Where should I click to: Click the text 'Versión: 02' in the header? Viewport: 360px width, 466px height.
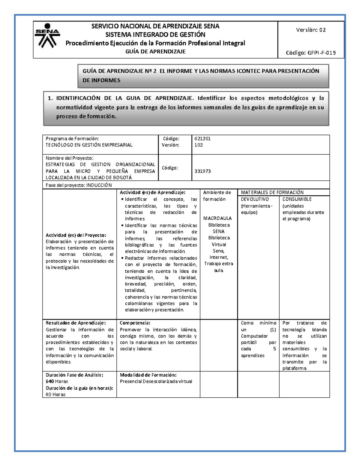click(x=311, y=30)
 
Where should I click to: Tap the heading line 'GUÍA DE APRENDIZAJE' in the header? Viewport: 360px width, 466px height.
click(x=155, y=52)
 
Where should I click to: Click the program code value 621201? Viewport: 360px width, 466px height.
click(x=202, y=139)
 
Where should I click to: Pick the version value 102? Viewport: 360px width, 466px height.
click(x=199, y=145)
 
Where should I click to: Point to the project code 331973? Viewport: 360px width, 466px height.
click(x=202, y=171)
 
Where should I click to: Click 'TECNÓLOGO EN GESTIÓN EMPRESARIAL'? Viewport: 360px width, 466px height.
click(x=89, y=145)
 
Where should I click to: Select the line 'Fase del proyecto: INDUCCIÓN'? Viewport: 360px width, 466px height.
click(x=79, y=185)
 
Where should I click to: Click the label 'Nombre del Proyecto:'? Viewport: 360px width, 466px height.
click(x=69, y=158)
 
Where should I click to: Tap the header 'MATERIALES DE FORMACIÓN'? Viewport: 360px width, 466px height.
click(x=272, y=193)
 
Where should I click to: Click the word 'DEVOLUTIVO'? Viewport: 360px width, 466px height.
click(x=255, y=199)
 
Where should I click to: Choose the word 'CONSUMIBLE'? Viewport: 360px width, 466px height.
click(x=297, y=199)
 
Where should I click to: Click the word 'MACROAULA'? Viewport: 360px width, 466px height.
click(x=217, y=218)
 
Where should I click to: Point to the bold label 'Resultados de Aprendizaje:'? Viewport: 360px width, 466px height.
click(x=76, y=323)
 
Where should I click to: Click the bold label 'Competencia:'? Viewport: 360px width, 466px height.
click(x=135, y=323)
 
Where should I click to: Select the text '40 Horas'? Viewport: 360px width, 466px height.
click(x=55, y=395)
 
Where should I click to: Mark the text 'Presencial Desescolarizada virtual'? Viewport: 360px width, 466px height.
click(x=156, y=381)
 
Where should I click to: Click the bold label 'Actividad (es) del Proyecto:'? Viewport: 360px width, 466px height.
click(x=76, y=235)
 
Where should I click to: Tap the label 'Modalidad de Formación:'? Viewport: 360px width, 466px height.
click(x=148, y=375)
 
